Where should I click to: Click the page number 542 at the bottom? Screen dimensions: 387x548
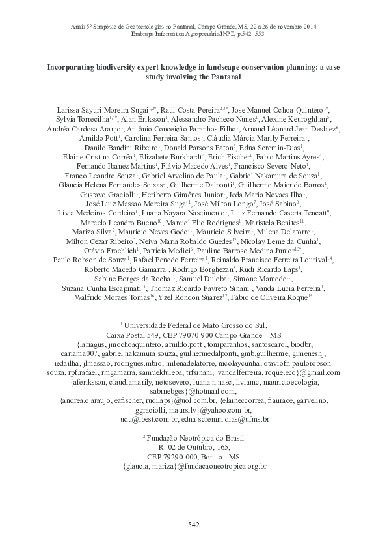coord(193,525)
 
